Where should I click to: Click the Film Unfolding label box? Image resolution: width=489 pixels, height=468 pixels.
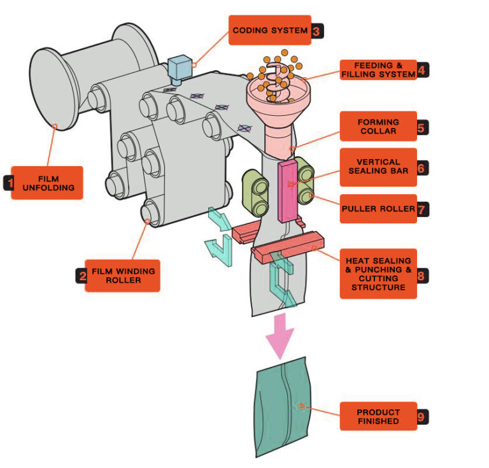[47, 183]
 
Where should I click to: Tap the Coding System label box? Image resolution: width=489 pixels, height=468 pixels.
[269, 30]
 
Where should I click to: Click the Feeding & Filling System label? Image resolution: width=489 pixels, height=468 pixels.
[378, 69]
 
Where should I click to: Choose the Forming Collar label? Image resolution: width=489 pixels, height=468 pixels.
[378, 126]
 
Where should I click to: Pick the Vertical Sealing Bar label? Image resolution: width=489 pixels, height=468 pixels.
[378, 167]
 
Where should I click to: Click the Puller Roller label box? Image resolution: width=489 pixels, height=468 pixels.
[378, 209]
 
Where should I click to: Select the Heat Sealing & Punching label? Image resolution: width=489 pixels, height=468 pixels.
[378, 274]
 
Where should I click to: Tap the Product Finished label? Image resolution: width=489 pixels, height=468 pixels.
[378, 416]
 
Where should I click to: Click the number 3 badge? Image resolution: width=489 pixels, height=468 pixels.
[317, 31]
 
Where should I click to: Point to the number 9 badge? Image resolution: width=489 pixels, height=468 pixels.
[421, 417]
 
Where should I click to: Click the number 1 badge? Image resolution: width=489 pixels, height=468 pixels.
[9, 183]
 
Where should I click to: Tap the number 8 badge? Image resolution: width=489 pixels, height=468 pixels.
[421, 275]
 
